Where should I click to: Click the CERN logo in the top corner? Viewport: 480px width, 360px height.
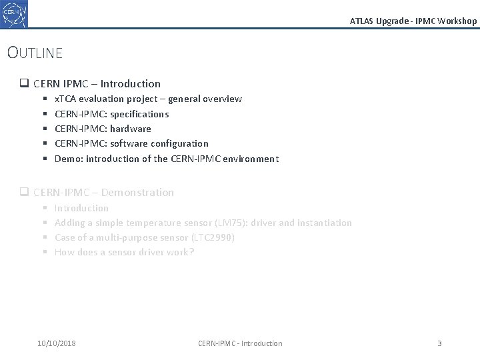(x=14, y=14)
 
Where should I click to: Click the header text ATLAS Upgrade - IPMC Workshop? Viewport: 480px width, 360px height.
(x=413, y=21)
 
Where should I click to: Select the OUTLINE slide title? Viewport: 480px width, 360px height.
(x=35, y=53)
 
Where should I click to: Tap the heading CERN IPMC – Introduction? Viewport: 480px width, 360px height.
(x=97, y=84)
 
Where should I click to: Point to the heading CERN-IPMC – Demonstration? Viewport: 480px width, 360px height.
(x=103, y=193)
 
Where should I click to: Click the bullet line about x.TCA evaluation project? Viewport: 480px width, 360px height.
(x=148, y=99)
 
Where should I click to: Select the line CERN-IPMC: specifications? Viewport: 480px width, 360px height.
(x=111, y=114)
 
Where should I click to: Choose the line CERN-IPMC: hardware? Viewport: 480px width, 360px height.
(x=103, y=129)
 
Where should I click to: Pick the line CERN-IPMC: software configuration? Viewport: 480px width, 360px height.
(x=131, y=143)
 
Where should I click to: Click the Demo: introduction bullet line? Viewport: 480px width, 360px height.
(x=167, y=159)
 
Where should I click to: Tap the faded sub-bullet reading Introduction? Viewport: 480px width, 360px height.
(x=81, y=208)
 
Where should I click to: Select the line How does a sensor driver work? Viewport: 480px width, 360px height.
(x=124, y=252)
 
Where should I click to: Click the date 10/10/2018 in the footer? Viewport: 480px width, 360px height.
(x=57, y=343)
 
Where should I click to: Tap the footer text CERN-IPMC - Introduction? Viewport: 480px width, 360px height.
(x=240, y=343)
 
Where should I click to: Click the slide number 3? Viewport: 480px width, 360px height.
(x=439, y=343)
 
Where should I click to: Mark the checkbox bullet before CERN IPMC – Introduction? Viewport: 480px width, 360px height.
(x=23, y=84)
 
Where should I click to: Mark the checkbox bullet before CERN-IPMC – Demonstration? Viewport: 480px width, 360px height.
(x=23, y=193)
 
